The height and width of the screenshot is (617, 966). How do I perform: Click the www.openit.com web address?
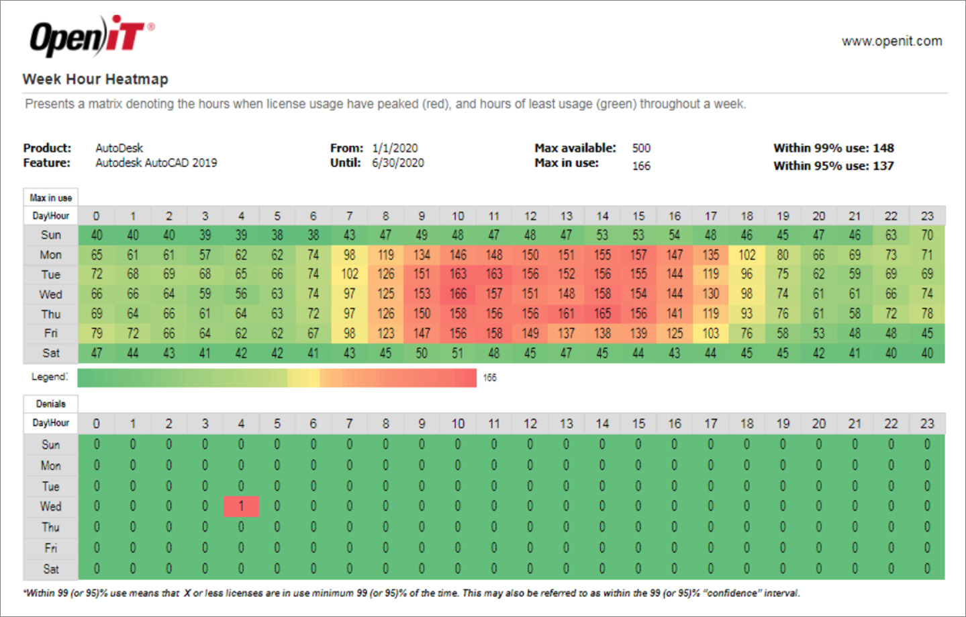pos(891,41)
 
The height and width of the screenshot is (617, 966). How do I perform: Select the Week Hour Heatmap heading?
pos(95,79)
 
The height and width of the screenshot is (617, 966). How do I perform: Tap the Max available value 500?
pos(641,148)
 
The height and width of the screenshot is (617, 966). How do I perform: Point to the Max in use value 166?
pos(641,166)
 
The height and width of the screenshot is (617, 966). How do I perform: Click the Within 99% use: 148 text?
pos(833,148)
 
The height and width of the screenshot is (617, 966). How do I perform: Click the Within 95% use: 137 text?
pos(833,166)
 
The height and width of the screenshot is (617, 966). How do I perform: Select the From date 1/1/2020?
pos(395,148)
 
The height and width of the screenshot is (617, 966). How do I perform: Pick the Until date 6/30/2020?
pos(397,163)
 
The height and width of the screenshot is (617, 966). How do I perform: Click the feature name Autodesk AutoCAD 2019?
pos(156,163)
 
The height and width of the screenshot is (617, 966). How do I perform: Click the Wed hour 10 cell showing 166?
pos(458,294)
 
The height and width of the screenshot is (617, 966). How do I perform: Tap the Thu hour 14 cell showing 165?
pos(602,314)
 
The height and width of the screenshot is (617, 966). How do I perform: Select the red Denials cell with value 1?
pos(241,507)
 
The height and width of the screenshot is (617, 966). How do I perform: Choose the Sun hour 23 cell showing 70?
pos(927,235)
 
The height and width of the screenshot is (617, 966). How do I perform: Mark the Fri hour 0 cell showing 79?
pos(97,333)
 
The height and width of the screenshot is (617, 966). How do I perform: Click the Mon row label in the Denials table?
pos(51,466)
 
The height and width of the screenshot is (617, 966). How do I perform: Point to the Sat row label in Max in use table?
pos(51,354)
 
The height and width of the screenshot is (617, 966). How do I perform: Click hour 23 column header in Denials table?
pos(927,423)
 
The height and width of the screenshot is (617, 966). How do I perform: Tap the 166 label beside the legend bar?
pos(489,378)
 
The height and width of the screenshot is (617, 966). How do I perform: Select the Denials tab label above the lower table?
pos(51,404)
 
